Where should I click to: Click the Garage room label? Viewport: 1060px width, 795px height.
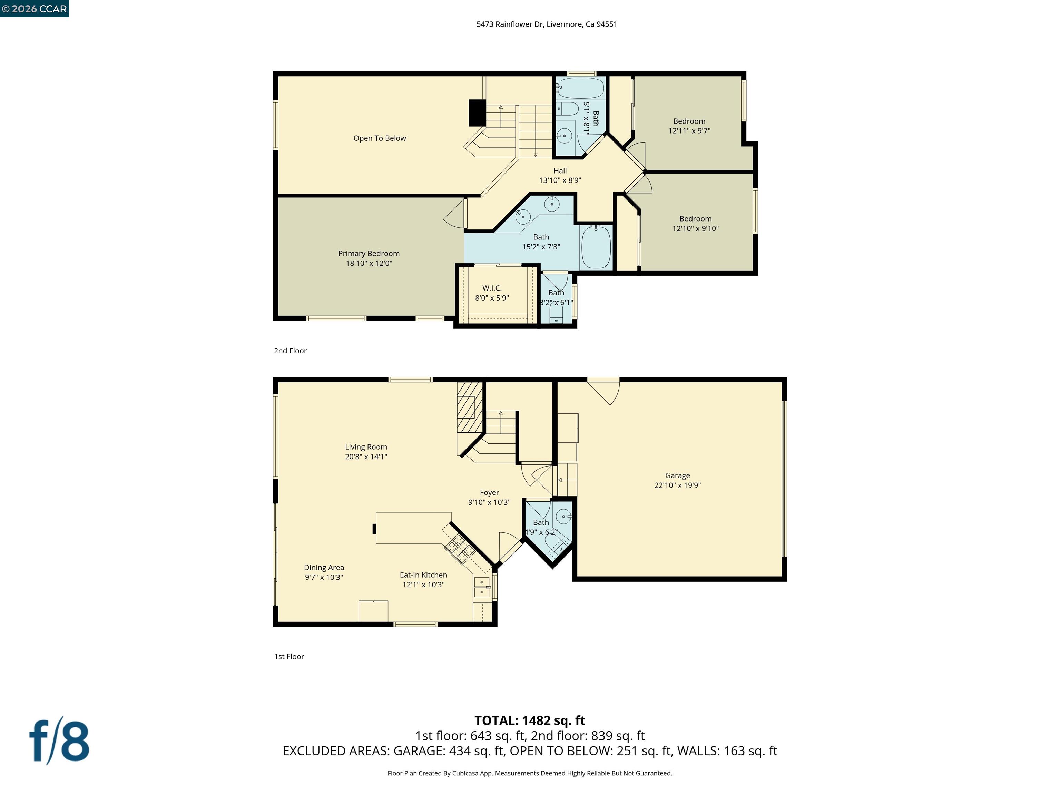(x=677, y=475)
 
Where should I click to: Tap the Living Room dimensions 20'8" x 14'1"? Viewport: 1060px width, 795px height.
(x=366, y=457)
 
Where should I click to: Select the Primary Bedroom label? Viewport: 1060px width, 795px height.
(x=369, y=254)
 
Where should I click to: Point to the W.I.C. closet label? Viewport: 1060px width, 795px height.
(x=492, y=288)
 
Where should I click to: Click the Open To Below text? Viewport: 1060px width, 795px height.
(x=380, y=138)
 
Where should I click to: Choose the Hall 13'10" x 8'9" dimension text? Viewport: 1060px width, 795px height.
(x=560, y=180)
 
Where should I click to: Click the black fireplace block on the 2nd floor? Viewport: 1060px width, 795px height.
(x=477, y=112)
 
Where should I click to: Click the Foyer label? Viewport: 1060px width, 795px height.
(x=489, y=493)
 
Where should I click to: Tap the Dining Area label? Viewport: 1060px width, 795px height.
(x=324, y=567)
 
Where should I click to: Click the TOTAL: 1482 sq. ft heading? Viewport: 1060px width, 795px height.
(x=530, y=720)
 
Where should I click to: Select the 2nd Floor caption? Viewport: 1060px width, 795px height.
(x=290, y=351)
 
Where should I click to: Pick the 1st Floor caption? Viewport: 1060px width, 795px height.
(x=289, y=657)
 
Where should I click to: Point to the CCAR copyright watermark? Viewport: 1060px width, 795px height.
(x=34, y=9)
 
